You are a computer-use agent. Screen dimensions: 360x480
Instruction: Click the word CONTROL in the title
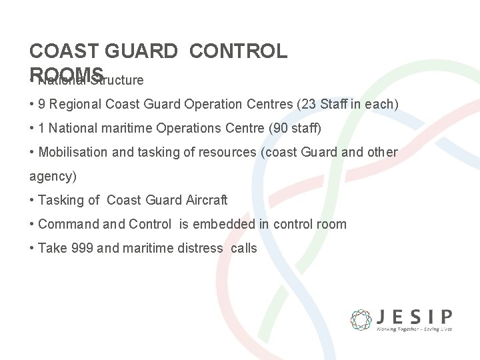coord(238,51)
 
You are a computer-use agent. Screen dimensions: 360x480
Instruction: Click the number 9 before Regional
coord(42,104)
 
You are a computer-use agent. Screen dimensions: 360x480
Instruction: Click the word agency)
coord(53,177)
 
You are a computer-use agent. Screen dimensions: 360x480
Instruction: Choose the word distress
coord(196,248)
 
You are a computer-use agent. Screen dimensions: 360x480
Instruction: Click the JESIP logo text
coord(414,315)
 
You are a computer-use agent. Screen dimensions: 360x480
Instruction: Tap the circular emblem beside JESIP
coord(361,319)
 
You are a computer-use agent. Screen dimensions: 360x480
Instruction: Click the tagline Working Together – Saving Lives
coord(414,329)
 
